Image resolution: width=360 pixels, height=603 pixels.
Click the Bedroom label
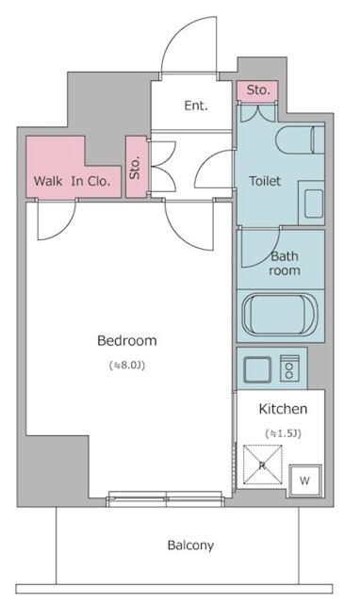pyautogui.click(x=127, y=341)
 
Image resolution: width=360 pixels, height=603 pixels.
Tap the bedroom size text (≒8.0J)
pyautogui.click(x=127, y=365)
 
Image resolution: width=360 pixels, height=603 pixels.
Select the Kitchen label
pyautogui.click(x=283, y=409)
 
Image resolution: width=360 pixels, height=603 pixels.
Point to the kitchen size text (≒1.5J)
pyautogui.click(x=284, y=433)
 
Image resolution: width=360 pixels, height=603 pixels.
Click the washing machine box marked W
pyautogui.click(x=305, y=481)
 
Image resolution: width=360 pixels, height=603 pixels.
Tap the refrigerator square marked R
pyautogui.click(x=263, y=464)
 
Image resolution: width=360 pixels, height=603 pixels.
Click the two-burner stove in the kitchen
pyautogui.click(x=289, y=368)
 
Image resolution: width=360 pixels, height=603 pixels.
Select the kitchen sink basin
pyautogui.click(x=257, y=369)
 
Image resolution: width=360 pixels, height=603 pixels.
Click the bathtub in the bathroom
pyautogui.click(x=280, y=315)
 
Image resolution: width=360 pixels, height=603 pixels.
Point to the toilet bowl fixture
pyautogui.click(x=300, y=140)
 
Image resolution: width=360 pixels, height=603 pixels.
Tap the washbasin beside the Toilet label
pyautogui.click(x=314, y=204)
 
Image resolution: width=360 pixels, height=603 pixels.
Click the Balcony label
pyautogui.click(x=190, y=546)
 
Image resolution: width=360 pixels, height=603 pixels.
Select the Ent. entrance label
pyautogui.click(x=196, y=106)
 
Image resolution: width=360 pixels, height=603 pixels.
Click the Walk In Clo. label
pyautogui.click(x=73, y=181)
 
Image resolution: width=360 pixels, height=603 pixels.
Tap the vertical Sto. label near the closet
pyautogui.click(x=135, y=168)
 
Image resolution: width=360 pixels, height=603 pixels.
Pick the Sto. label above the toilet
pyautogui.click(x=258, y=90)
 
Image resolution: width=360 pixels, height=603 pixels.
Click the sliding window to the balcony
pyautogui.click(x=165, y=499)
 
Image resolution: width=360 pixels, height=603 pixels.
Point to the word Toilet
pyautogui.click(x=265, y=181)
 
